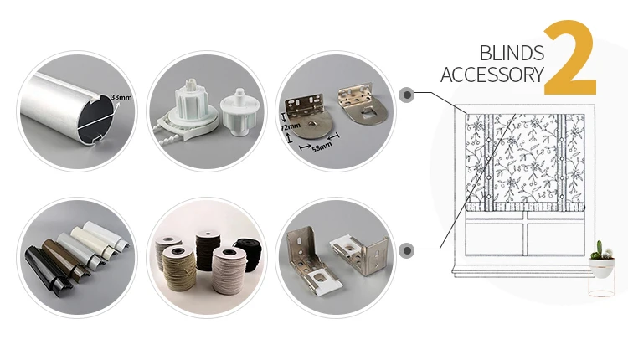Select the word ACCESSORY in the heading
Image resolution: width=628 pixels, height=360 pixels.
coord(492,75)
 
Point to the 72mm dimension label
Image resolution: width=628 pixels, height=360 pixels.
coord(290,126)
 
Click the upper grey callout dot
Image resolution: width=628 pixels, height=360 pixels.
coord(406,95)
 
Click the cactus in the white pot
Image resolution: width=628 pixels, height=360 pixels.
coord(599,249)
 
